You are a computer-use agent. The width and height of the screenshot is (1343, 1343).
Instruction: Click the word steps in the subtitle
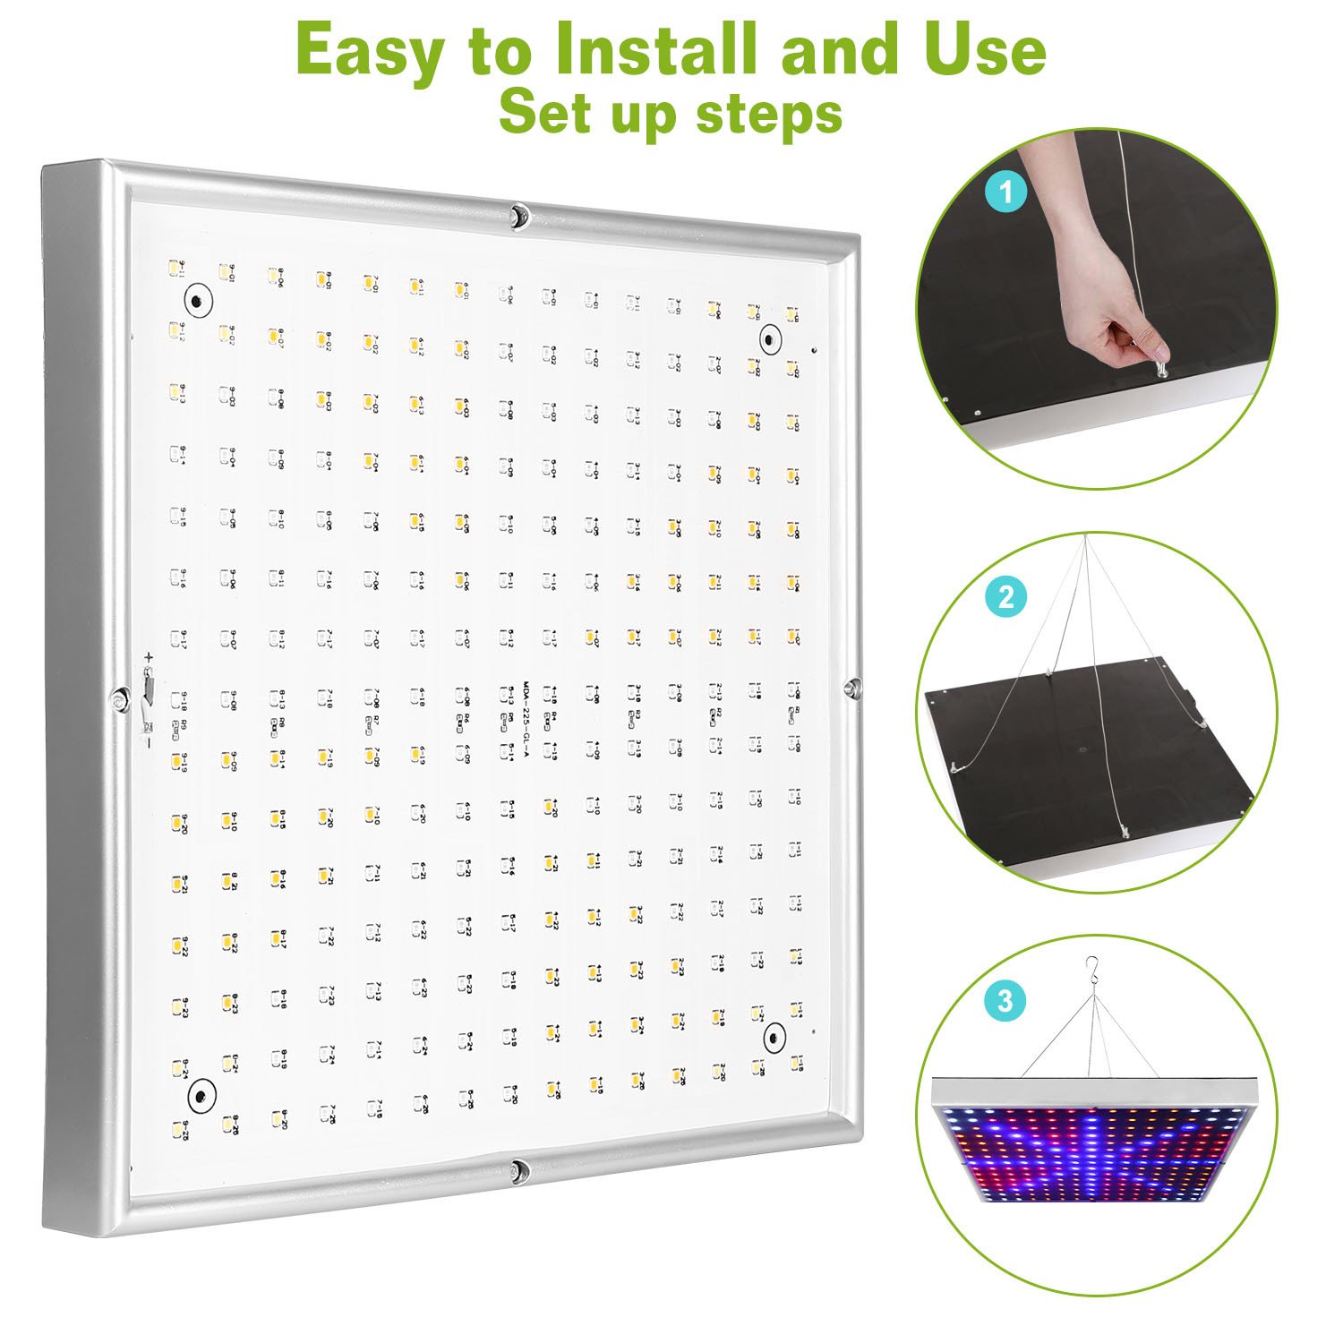[x=767, y=115]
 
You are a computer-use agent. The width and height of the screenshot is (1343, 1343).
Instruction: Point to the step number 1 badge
[x=1006, y=192]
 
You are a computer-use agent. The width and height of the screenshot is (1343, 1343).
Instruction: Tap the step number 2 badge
[x=1006, y=596]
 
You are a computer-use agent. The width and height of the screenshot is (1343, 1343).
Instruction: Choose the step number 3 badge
[x=1006, y=999]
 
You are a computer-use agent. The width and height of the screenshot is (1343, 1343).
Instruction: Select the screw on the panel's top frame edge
[x=518, y=215]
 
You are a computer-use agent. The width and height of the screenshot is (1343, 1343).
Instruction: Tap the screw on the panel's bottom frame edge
[x=517, y=1169]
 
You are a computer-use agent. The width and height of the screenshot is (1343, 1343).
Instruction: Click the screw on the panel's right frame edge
[x=851, y=687]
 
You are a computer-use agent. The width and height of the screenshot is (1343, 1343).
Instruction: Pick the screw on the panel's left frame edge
[x=117, y=698]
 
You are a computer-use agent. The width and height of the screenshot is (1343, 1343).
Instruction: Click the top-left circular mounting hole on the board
[x=198, y=300]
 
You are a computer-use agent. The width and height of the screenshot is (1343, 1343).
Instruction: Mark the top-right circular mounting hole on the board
[x=769, y=339]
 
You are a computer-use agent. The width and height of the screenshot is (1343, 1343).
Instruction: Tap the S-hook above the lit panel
[x=1091, y=968]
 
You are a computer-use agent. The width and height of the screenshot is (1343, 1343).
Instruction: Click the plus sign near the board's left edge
[x=149, y=658]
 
